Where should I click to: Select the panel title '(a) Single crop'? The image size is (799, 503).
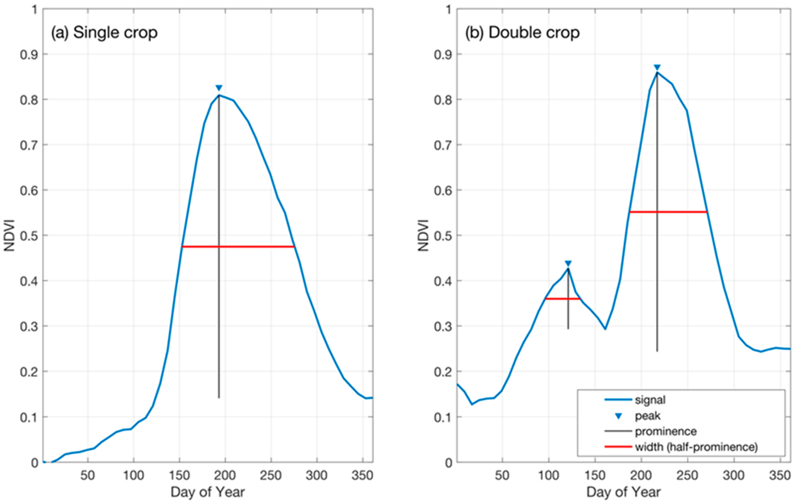(x=104, y=33)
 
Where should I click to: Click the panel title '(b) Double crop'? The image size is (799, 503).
(x=522, y=33)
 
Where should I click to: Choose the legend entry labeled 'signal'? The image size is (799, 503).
(x=650, y=400)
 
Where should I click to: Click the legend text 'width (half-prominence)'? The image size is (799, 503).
(x=696, y=447)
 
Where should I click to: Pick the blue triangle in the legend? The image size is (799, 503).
(x=618, y=416)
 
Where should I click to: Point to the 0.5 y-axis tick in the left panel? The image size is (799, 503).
(x=29, y=236)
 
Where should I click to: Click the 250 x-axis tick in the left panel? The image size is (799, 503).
(x=271, y=476)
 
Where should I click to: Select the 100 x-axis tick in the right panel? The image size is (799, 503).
(x=548, y=476)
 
